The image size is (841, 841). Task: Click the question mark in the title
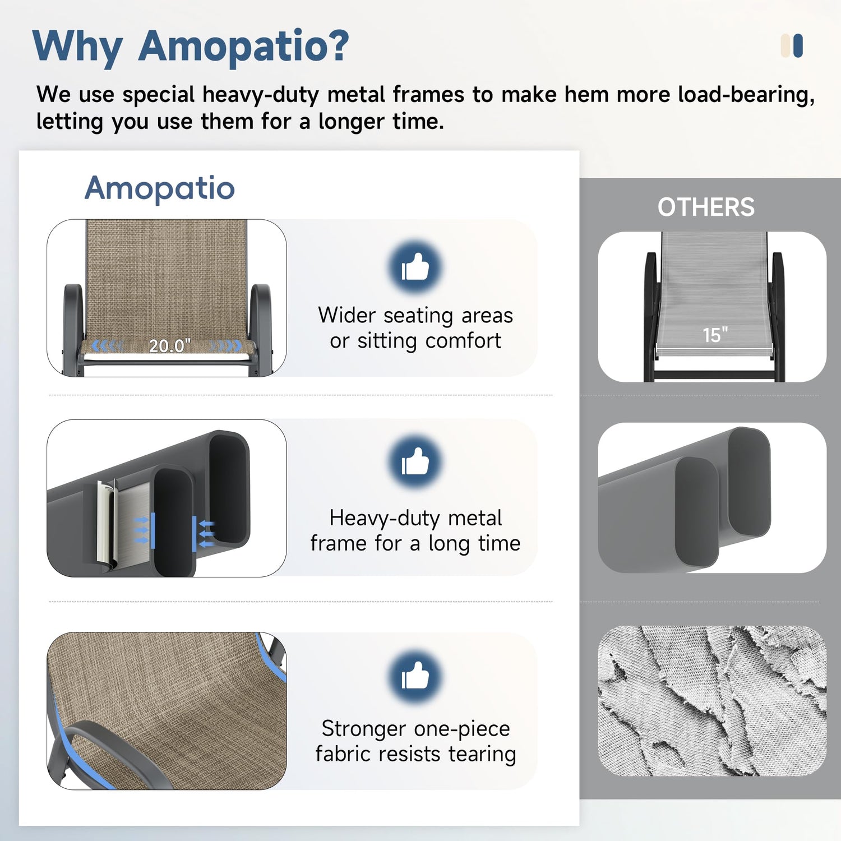(337, 45)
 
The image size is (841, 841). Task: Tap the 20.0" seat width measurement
(169, 346)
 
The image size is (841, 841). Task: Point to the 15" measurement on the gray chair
(715, 335)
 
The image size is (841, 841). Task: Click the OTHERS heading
(706, 207)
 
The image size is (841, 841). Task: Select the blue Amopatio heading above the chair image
(160, 188)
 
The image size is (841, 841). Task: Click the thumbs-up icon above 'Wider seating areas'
(415, 267)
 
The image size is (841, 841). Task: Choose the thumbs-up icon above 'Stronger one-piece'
(415, 677)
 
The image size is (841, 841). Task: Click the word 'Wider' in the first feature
(346, 315)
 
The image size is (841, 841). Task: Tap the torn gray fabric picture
(712, 701)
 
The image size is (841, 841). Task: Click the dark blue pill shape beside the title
(798, 46)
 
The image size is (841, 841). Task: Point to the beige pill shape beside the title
(785, 46)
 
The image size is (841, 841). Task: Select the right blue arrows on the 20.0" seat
(226, 346)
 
